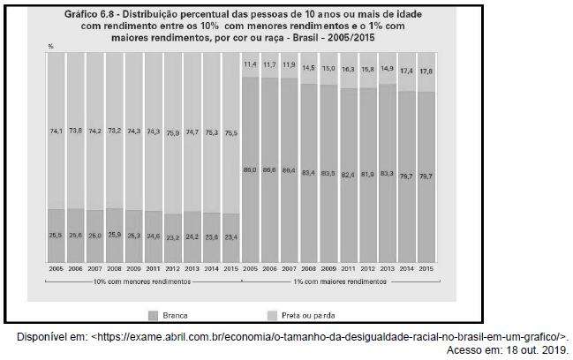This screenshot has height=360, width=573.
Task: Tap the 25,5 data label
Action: tap(55, 236)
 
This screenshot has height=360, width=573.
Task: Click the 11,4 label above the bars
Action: tap(250, 64)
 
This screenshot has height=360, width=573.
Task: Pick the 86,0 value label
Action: tap(250, 169)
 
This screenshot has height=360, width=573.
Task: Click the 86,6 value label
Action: tap(269, 169)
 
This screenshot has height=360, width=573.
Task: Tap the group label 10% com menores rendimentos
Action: tap(143, 281)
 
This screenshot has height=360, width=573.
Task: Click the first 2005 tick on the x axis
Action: tap(55, 267)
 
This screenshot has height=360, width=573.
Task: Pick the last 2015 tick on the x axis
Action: tap(425, 267)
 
